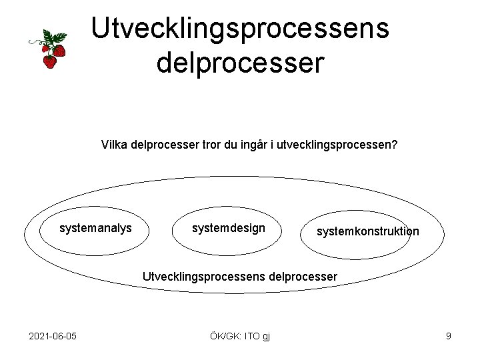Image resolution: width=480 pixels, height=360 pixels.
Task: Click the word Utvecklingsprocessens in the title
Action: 240,29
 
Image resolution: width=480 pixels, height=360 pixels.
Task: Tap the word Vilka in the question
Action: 115,144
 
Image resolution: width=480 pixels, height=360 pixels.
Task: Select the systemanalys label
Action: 95,229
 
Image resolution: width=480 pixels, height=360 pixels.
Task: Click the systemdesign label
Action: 228,229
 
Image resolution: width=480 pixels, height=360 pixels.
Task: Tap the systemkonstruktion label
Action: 367,232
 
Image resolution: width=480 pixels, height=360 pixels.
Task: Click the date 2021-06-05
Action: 53,336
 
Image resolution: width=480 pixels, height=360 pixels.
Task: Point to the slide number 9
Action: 449,336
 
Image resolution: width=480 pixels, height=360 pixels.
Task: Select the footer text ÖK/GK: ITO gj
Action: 240,336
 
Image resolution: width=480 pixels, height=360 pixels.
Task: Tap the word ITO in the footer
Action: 253,336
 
